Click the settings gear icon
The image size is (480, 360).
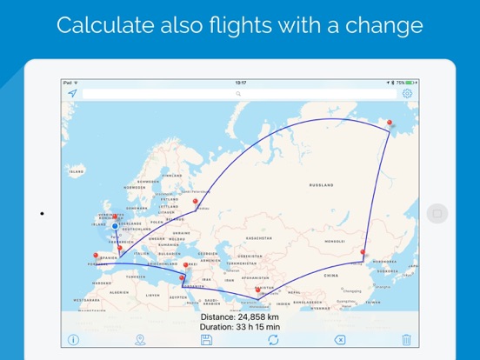coord(407,93)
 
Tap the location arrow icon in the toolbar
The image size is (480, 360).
coord(72,93)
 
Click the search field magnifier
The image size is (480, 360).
coord(238,93)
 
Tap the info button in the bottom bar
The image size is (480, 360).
coord(73,339)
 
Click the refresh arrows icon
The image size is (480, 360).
coord(273,339)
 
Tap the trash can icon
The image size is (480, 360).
coord(406,339)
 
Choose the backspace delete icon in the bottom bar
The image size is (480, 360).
coord(339,339)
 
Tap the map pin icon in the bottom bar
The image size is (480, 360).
coord(140,339)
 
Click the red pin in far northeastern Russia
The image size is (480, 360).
coord(390,124)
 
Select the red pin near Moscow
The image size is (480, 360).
coord(196,203)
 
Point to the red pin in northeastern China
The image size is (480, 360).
coord(363,254)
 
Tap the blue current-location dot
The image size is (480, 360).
coord(114,226)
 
